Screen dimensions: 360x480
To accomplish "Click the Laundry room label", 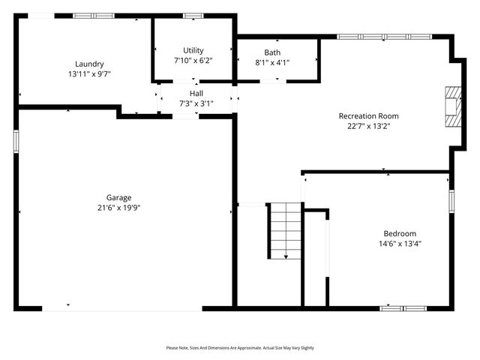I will pos(89,64).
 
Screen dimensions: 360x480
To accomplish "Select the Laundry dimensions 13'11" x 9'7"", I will pos(89,74).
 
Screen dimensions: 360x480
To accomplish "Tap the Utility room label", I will pos(193,50).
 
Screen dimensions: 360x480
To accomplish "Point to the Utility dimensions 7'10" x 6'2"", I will pos(193,61).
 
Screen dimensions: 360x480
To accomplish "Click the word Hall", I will pos(196,93).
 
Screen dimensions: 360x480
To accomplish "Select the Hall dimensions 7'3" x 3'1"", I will pos(196,103).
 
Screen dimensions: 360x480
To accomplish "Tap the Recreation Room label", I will pos(368,115).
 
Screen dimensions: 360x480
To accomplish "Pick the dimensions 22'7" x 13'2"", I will pos(368,126).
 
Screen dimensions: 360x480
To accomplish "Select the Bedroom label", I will pos(400,233).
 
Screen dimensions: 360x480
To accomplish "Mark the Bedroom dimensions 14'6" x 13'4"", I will pos(400,244).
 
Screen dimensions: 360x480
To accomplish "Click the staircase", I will pos(286,231).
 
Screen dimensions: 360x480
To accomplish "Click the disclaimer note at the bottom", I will pos(240,348).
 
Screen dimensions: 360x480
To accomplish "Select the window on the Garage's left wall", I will pos(16,141).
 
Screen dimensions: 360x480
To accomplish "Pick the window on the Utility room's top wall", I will pos(193,15).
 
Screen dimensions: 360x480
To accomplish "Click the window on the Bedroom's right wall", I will pos(451,200).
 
